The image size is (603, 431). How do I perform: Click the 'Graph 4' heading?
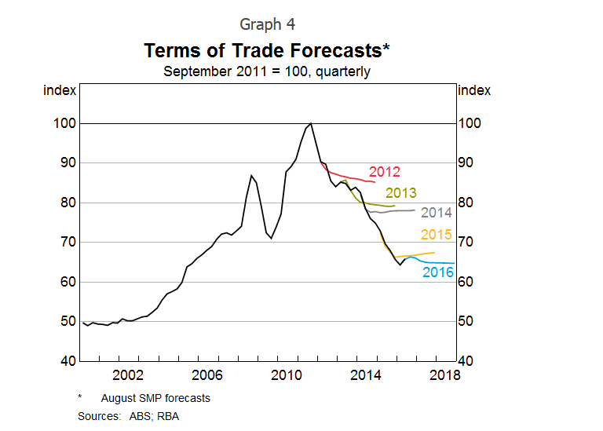[x=267, y=24]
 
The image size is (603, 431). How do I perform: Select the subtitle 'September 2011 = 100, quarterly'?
[x=267, y=71]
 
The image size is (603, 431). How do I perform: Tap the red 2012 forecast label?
[x=385, y=172]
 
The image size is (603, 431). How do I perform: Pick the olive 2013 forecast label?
[x=400, y=193]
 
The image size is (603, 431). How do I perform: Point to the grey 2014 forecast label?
[x=437, y=212]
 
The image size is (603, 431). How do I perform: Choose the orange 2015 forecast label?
[x=437, y=234]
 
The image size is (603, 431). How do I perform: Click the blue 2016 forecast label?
[x=438, y=272]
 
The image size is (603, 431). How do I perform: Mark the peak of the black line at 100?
[x=312, y=123]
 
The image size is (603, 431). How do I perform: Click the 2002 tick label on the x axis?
[x=128, y=374]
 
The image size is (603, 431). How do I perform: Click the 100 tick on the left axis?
[x=64, y=123]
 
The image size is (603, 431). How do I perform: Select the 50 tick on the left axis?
[x=68, y=321]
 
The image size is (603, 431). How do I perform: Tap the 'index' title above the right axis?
[x=473, y=90]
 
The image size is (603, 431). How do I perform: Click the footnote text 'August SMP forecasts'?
[x=155, y=398]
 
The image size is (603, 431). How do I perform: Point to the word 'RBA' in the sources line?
[x=167, y=415]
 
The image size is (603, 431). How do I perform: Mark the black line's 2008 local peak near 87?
[x=250, y=175]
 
